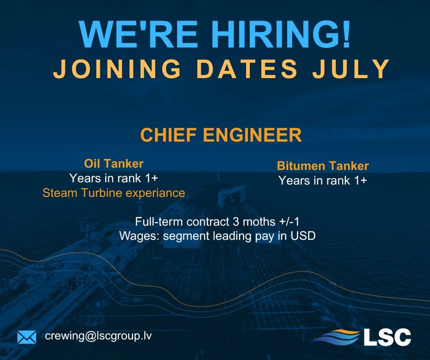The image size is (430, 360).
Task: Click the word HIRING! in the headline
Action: click(x=272, y=35)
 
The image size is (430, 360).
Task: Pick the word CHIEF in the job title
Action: click(x=167, y=135)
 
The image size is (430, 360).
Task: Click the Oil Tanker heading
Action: click(x=114, y=163)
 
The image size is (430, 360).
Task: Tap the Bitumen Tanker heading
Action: click(x=323, y=166)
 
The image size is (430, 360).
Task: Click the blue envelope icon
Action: click(x=27, y=337)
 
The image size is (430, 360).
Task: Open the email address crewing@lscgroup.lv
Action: click(x=98, y=336)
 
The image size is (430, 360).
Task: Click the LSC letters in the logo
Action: click(x=387, y=336)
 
